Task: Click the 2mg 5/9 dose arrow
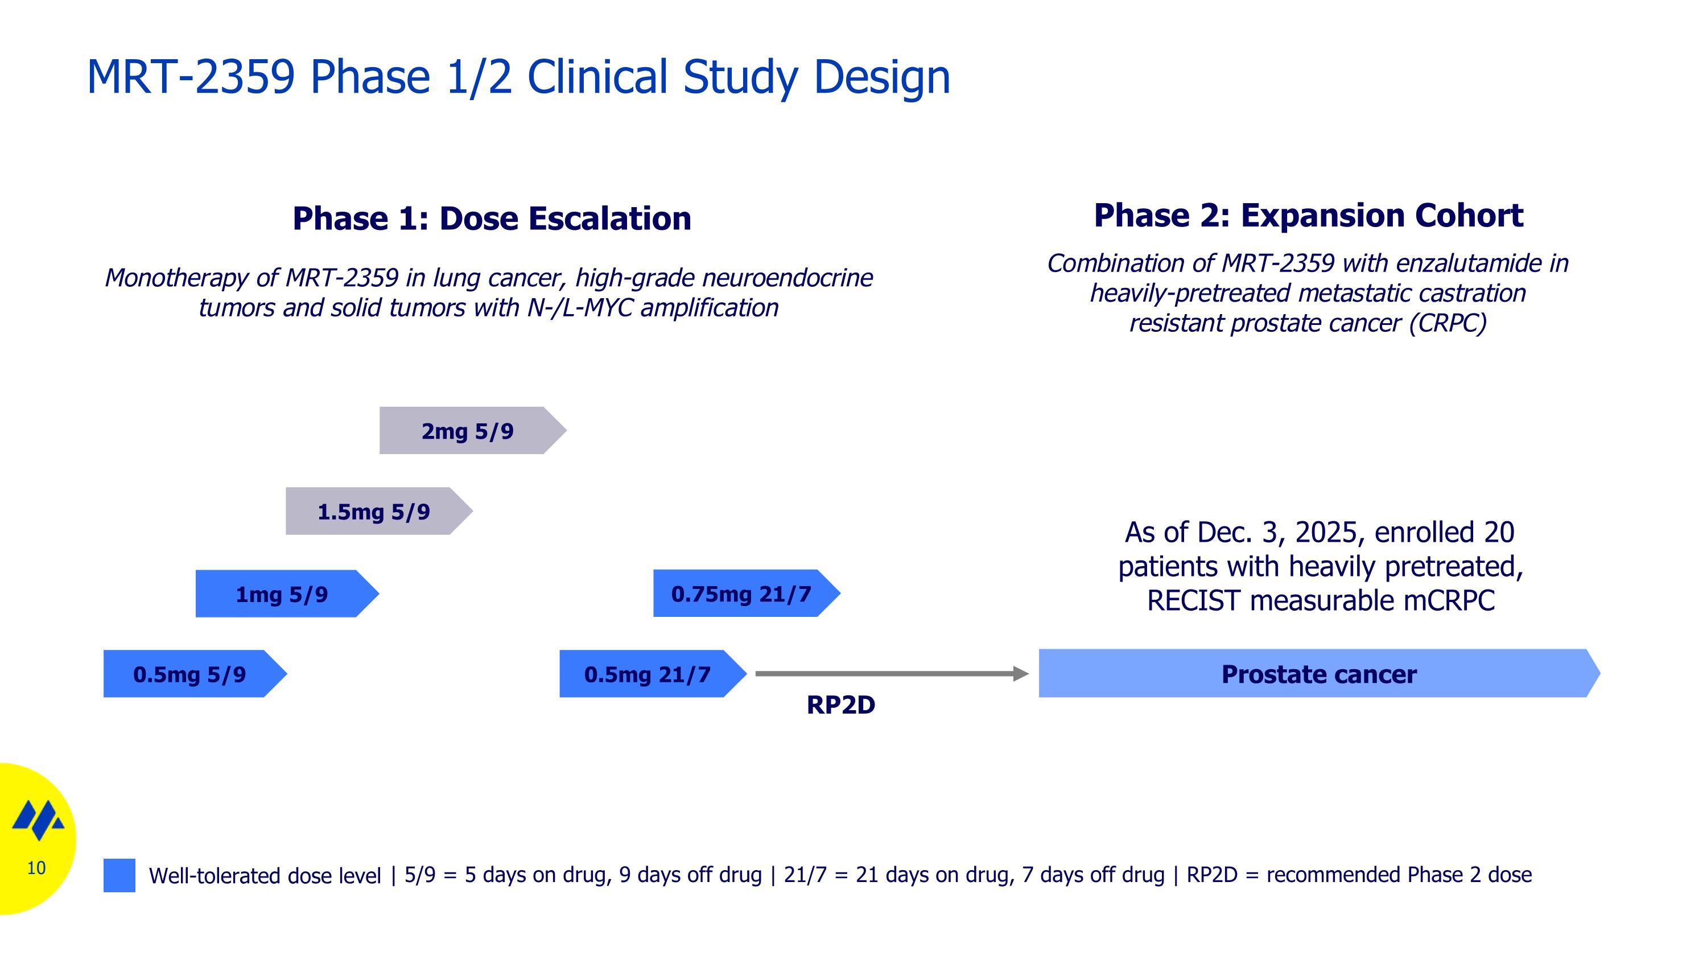coord(468,431)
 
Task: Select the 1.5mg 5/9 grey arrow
coord(374,512)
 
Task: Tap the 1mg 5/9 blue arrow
coord(282,594)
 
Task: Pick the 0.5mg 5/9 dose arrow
coord(189,674)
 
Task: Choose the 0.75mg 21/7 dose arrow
coord(741,594)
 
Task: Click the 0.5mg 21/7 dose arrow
coord(648,674)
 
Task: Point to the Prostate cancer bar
coord(1319,674)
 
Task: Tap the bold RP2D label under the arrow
coord(840,705)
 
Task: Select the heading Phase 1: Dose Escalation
coord(492,219)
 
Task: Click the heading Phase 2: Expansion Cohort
coord(1308,215)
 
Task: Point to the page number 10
coord(36,868)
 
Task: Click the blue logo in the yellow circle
coord(39,819)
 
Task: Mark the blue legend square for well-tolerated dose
coord(119,875)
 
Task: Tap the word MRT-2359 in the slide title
coord(191,77)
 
